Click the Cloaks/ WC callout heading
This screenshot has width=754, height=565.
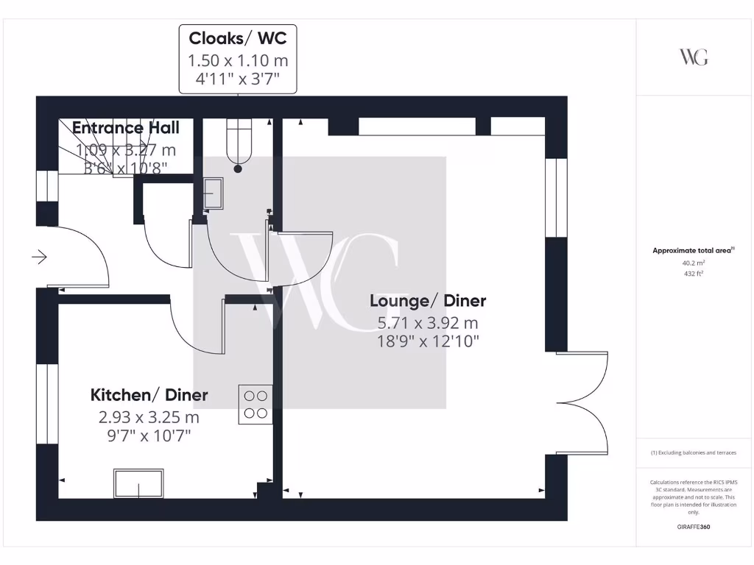237,38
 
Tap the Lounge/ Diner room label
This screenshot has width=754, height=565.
428,301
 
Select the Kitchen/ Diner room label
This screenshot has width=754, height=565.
149,395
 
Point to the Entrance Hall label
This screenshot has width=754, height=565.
125,128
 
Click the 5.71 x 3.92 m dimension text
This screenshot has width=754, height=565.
428,322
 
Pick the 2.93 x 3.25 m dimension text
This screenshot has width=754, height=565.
149,417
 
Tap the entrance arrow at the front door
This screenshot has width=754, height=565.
39,257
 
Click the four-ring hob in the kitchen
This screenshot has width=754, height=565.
255,404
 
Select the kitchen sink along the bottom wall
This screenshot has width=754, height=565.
138,483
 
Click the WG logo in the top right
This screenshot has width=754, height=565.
694,57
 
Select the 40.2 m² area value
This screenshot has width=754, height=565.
693,262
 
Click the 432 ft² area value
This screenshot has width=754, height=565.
693,273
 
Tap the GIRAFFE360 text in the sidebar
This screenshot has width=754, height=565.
693,527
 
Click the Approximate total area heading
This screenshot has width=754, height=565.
692,251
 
